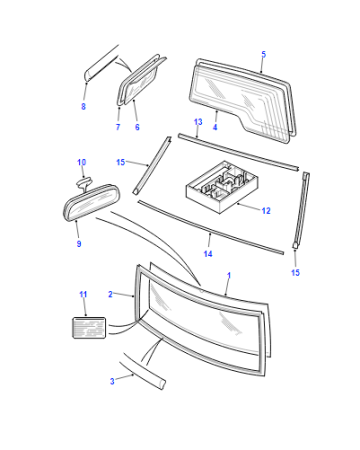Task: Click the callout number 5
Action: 264,54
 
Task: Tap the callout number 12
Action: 266,211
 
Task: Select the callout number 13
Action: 198,122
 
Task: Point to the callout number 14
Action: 208,254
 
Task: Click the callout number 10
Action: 82,162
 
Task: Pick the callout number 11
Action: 83,294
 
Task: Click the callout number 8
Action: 83,106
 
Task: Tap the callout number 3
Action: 112,381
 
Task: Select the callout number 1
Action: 229,276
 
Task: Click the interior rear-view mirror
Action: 92,202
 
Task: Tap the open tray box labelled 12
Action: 222,187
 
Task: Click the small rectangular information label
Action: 89,328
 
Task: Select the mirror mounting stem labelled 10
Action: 84,183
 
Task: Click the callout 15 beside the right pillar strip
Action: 295,273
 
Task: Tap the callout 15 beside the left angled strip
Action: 120,162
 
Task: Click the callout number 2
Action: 110,294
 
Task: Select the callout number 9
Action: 79,244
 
